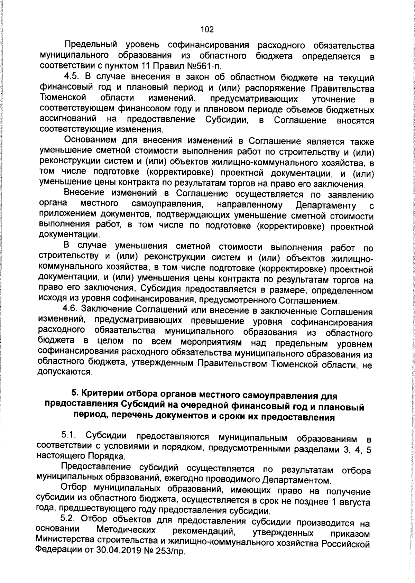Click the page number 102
coord(207,29)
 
